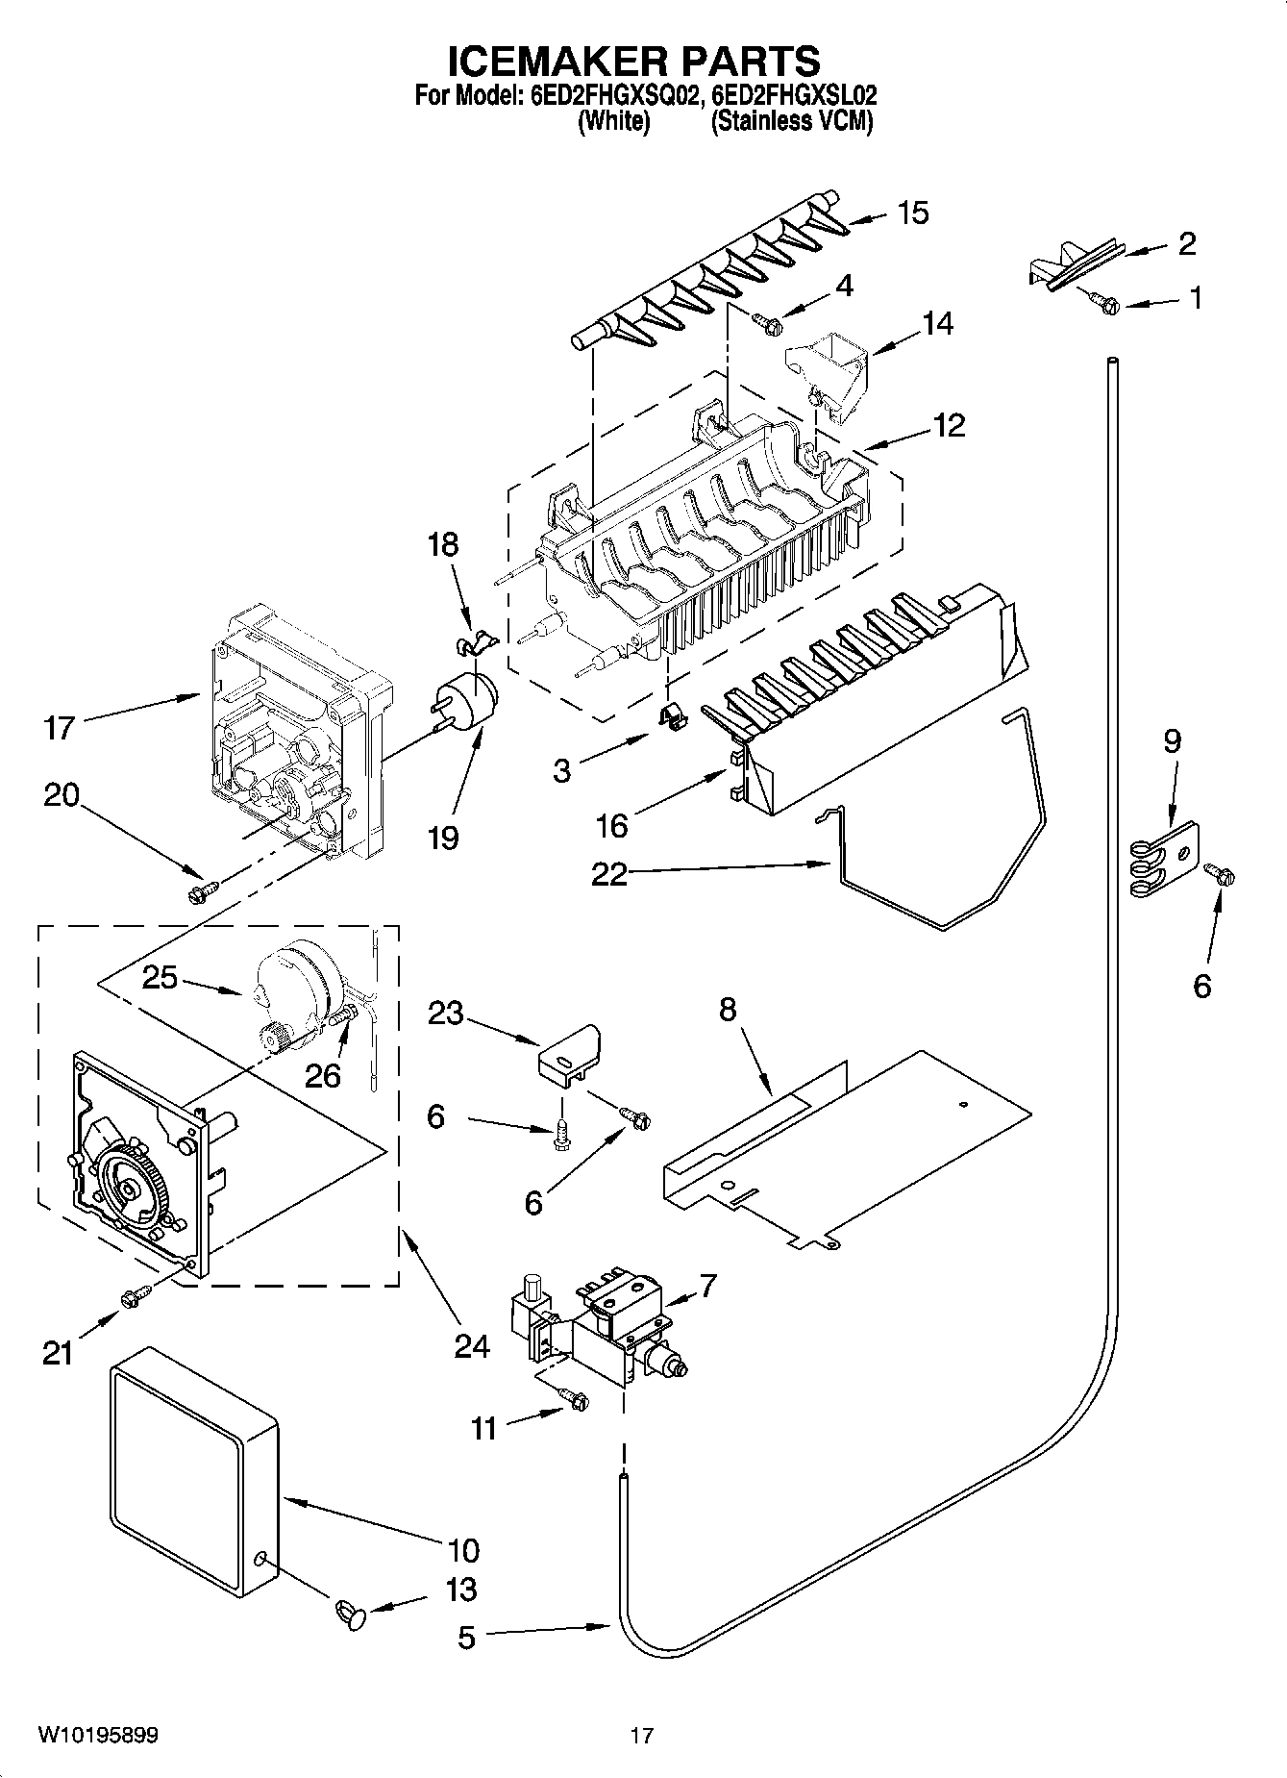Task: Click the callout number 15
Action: [913, 213]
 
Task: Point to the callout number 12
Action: [948, 425]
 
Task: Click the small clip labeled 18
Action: [472, 641]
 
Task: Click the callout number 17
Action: [60, 728]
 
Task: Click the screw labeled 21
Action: [135, 1297]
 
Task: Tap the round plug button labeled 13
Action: [352, 1612]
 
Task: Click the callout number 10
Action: [463, 1550]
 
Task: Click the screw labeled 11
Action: [575, 1400]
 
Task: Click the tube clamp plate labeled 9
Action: [1165, 860]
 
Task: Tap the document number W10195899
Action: [98, 1735]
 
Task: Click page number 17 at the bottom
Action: [642, 1735]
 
